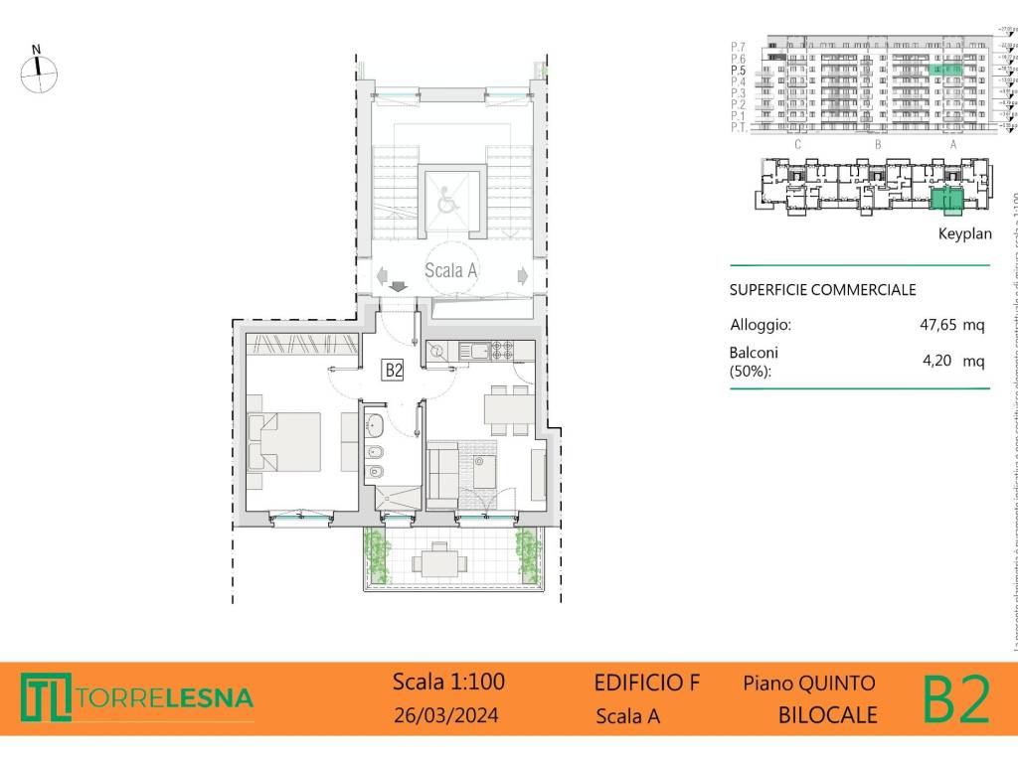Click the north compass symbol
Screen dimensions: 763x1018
coord(38,72)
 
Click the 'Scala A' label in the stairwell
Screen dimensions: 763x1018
coord(451,269)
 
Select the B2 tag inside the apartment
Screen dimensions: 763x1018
coord(394,371)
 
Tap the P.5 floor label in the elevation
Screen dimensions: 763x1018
coord(738,71)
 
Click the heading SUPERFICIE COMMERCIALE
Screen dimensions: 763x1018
coord(823,290)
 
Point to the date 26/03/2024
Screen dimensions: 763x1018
coord(446,715)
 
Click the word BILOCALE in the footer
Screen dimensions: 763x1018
coord(827,715)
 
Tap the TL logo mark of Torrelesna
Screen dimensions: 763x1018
coord(45,697)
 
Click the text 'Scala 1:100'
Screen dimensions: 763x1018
coord(448,682)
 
